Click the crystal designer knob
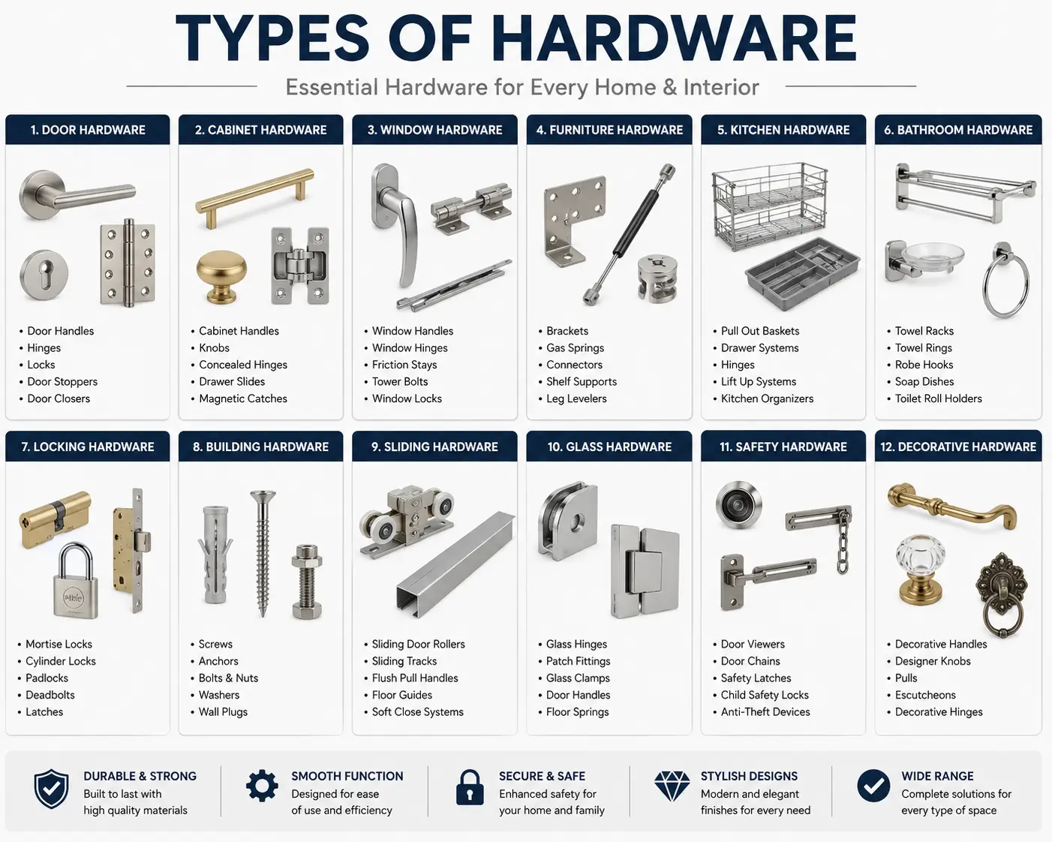[x=921, y=570]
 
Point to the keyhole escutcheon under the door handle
[x=44, y=275]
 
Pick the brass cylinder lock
[x=56, y=519]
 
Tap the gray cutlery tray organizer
[x=802, y=273]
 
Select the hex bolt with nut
[x=306, y=582]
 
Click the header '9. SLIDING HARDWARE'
[x=434, y=447]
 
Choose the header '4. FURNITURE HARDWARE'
[x=609, y=130]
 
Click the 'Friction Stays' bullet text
[x=404, y=365]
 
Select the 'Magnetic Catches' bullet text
[x=243, y=398]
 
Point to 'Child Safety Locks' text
[x=765, y=695]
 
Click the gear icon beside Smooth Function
[x=262, y=786]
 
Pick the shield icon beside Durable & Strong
[x=51, y=789]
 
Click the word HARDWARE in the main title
[x=674, y=38]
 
